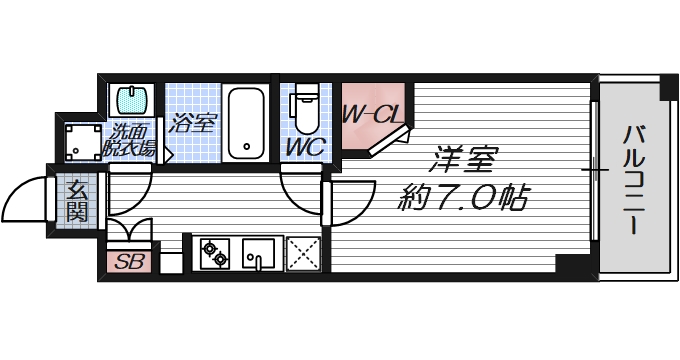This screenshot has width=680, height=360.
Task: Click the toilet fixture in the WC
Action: click(x=305, y=112)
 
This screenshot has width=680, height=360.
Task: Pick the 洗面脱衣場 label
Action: click(x=130, y=140)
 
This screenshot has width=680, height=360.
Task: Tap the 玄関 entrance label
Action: click(x=77, y=199)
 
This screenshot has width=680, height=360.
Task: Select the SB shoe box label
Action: click(x=128, y=263)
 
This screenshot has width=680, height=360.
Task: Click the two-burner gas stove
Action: click(x=215, y=254)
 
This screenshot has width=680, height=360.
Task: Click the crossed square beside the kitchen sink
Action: click(x=302, y=254)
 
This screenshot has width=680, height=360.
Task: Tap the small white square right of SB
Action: click(x=170, y=264)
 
